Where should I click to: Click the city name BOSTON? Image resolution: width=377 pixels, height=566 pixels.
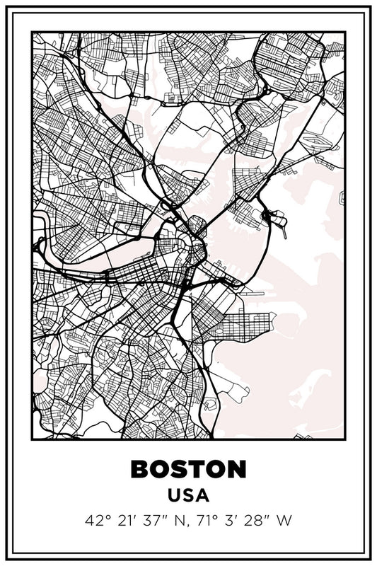tap(188, 468)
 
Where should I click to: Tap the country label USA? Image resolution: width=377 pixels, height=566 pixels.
tap(188, 496)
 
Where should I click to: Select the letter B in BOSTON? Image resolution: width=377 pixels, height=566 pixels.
tap(139, 468)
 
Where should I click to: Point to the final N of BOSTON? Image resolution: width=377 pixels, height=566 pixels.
tap(238, 468)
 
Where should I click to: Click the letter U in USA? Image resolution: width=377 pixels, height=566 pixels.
tap(173, 496)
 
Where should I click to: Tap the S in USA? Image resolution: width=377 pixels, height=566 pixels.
tap(188, 496)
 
